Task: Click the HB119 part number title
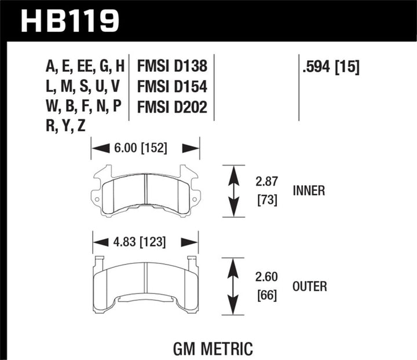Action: (x=70, y=21)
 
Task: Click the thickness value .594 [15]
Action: (x=331, y=67)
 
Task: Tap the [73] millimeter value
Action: (x=266, y=201)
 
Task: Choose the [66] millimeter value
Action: (x=266, y=296)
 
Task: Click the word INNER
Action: (x=309, y=190)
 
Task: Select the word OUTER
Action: (x=310, y=286)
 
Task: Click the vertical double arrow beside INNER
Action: (x=233, y=191)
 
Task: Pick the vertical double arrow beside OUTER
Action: (x=233, y=286)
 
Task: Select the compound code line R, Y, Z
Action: (x=65, y=127)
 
